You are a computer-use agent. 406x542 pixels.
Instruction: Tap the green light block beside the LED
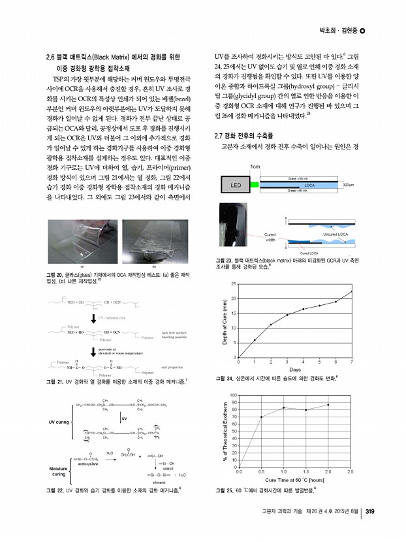pyautogui.click(x=254, y=185)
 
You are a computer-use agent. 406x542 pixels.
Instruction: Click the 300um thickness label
pyautogui.click(x=348, y=185)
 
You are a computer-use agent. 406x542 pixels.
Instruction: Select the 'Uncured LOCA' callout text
pyautogui.click(x=337, y=233)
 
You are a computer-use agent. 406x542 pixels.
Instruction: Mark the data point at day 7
pyautogui.click(x=352, y=291)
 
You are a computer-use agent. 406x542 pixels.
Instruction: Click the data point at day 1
pyautogui.click(x=255, y=340)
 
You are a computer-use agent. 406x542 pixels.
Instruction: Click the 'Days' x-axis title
pyautogui.click(x=295, y=370)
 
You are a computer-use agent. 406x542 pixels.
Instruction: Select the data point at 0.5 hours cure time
pyautogui.click(x=262, y=417)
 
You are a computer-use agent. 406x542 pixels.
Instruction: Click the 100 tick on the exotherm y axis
pyautogui.click(x=232, y=395)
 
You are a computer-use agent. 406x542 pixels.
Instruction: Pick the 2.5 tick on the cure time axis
pyautogui.click(x=351, y=471)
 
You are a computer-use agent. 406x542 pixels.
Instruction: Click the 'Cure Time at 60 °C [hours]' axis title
pyautogui.click(x=294, y=479)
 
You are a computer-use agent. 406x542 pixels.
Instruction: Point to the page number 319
pyautogui.click(x=369, y=511)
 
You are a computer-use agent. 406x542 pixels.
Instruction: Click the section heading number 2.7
pyautogui.click(x=220, y=136)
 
